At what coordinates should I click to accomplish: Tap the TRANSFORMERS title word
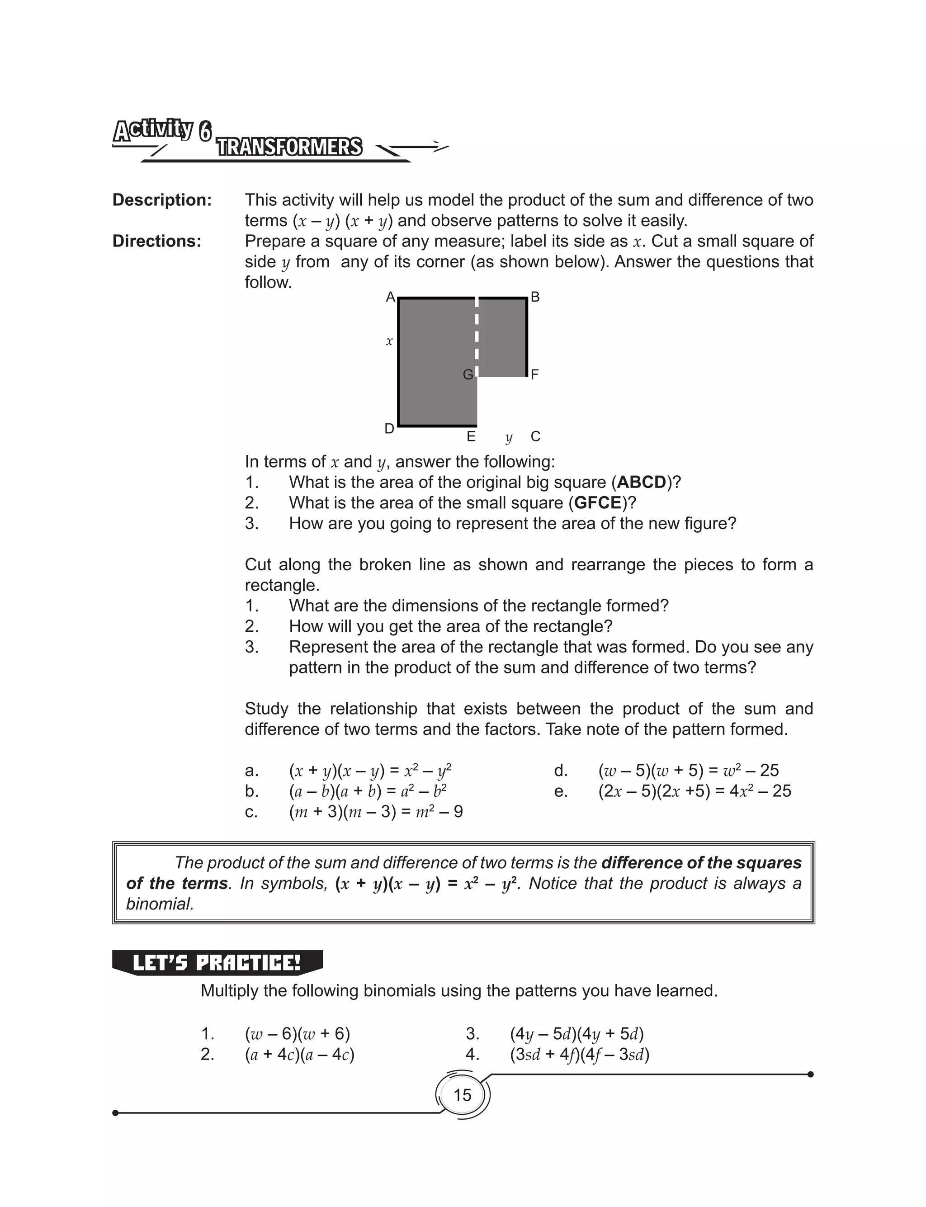[289, 147]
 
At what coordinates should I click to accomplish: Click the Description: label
[162, 199]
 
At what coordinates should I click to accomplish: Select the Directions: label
[156, 241]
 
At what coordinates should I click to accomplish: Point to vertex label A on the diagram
[390, 298]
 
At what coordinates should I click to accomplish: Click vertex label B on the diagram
[534, 298]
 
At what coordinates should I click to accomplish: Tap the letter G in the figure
[468, 375]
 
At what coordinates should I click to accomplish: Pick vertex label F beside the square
[534, 375]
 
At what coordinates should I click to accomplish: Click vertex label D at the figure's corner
[389, 429]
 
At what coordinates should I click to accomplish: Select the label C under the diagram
[535, 436]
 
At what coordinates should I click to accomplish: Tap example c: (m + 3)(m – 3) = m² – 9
[375, 812]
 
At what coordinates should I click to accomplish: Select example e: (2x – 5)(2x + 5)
[694, 791]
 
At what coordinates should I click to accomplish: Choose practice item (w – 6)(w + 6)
[298, 1033]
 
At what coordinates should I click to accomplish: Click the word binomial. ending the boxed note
[160, 904]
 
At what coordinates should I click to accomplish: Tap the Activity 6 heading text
[163, 131]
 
